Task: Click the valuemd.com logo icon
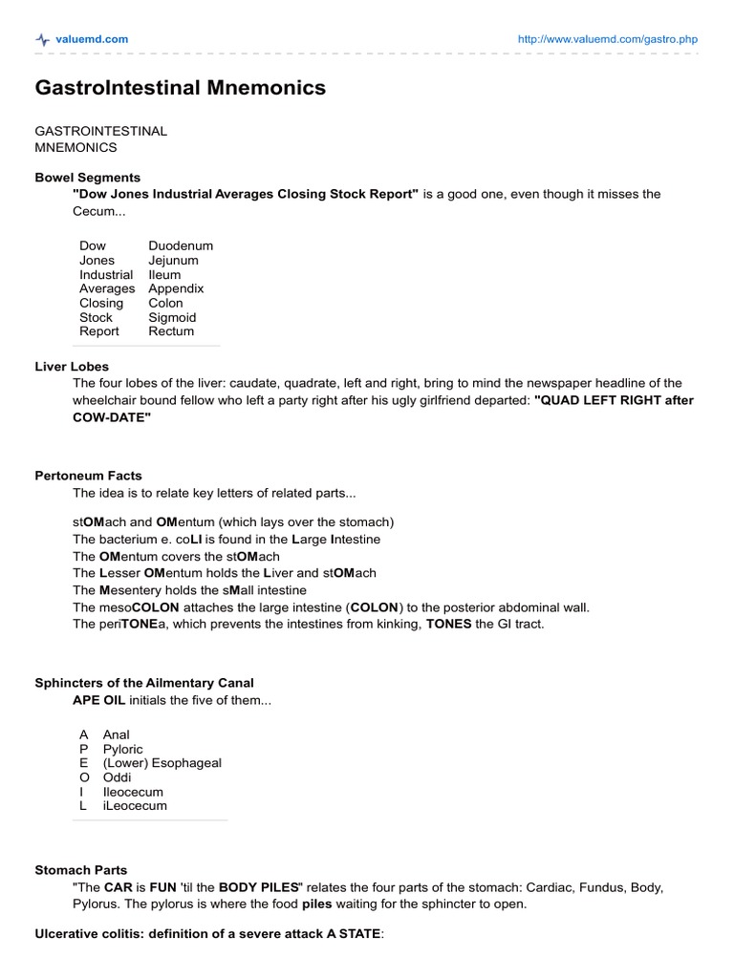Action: pos(42,39)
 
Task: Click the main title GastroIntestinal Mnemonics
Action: pos(180,88)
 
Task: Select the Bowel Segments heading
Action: pos(87,178)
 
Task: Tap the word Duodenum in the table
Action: pos(181,245)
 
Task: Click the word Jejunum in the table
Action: pos(173,260)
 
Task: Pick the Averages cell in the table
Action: pos(107,288)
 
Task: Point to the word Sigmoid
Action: pos(172,317)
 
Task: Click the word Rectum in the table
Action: pos(171,331)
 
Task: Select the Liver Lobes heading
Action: pos(72,367)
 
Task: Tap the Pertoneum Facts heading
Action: pos(88,476)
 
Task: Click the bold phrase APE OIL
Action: pos(98,699)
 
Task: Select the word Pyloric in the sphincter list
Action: pos(122,749)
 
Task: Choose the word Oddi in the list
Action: pos(117,777)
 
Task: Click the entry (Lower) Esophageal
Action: pos(162,763)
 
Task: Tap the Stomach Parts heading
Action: pos(81,871)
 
